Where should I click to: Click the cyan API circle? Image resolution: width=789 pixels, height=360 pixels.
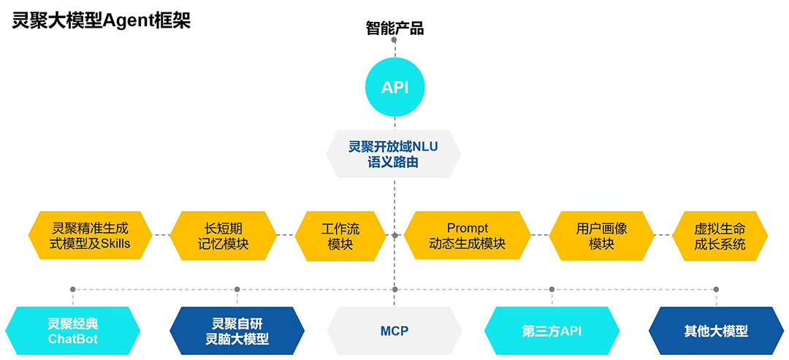(x=394, y=88)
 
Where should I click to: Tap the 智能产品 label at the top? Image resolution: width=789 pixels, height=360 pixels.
(x=394, y=29)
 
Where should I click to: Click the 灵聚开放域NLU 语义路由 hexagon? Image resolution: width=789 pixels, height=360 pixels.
(x=394, y=154)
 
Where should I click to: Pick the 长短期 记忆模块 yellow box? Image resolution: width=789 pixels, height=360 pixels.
(x=224, y=236)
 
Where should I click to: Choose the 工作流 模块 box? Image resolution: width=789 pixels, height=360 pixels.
(x=340, y=236)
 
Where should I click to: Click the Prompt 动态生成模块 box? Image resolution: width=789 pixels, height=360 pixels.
(x=467, y=236)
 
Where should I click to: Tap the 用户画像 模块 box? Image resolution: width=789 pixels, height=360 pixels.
(x=601, y=236)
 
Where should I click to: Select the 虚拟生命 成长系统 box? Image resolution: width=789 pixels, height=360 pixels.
(x=720, y=236)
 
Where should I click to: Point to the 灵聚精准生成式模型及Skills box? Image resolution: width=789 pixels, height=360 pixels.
(x=91, y=236)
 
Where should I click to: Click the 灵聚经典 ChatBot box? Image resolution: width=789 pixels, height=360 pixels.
(x=72, y=332)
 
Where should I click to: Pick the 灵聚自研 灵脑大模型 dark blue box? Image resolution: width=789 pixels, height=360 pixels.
(x=237, y=332)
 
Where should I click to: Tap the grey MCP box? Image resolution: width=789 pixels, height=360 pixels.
(x=394, y=332)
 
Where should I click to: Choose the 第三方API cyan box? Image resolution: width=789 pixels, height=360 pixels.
(x=552, y=332)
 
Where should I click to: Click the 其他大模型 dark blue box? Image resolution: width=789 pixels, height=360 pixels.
(x=716, y=332)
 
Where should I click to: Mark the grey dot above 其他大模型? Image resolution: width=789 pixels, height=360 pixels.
(x=716, y=289)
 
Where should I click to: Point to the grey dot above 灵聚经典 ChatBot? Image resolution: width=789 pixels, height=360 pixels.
(x=72, y=289)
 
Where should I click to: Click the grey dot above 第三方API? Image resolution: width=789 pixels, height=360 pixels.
(x=552, y=289)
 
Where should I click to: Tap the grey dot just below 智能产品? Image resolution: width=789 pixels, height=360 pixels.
(x=394, y=40)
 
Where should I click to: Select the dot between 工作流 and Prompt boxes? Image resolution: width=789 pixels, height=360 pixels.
(x=394, y=235)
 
